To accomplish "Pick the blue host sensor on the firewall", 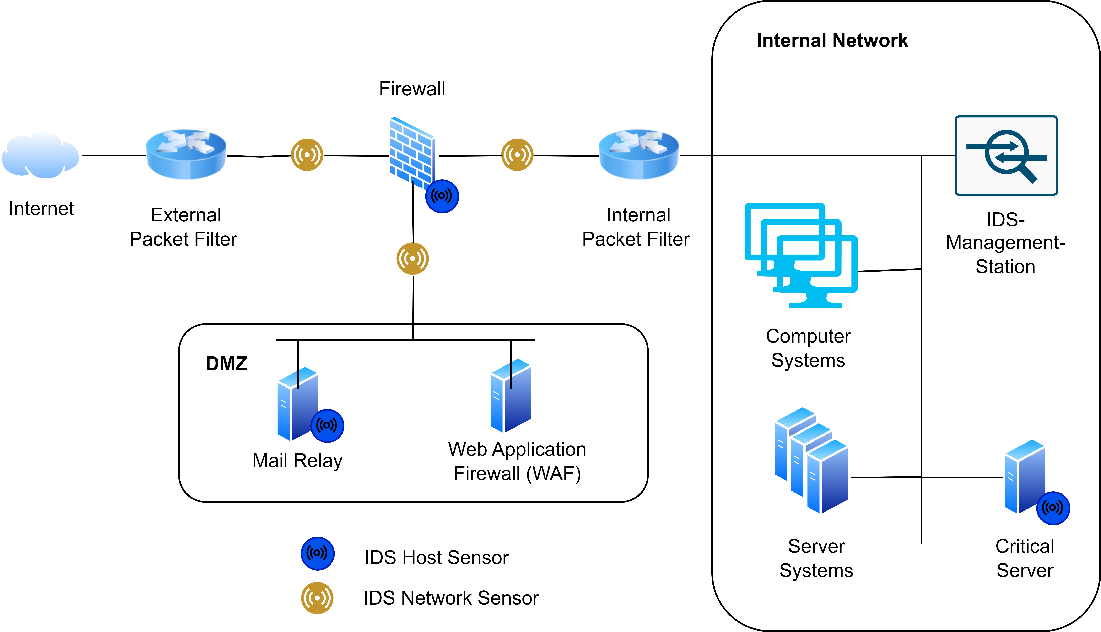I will tap(442, 196).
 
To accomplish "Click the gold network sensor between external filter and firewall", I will tap(307, 155).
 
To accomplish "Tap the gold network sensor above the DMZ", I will tap(412, 259).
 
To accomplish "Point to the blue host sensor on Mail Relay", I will tap(327, 425).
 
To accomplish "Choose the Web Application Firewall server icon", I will tap(511, 396).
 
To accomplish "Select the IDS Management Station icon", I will tap(1006, 155).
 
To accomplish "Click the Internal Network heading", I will tap(832, 40).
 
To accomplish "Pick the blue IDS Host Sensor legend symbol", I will tap(317, 553).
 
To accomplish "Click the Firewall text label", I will tap(412, 89).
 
